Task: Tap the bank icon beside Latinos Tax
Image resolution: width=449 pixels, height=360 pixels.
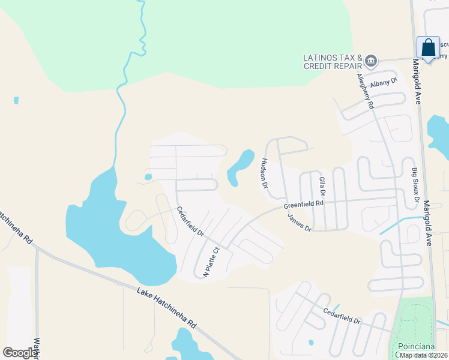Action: coord(371,60)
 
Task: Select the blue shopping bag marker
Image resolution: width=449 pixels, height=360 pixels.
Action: coord(428,47)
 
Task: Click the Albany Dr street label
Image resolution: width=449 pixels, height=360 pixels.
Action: coord(384,83)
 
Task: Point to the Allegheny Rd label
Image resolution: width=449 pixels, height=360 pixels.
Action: coord(365,91)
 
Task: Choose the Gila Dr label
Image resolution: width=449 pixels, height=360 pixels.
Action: coord(322,187)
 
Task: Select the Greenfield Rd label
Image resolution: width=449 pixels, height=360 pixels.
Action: coord(304,205)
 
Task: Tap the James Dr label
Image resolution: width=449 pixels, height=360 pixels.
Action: coord(300,224)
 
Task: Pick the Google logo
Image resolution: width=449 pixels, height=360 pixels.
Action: coord(20,353)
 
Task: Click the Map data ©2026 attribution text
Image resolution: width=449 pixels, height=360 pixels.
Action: coord(424,355)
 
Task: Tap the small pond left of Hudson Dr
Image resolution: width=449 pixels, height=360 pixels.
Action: coord(239,167)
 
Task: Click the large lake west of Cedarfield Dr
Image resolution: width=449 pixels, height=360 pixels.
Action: coord(114,228)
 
